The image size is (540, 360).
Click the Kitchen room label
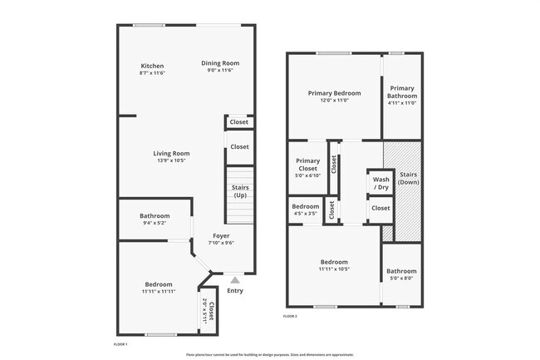click(x=152, y=66)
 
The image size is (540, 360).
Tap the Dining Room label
click(x=220, y=63)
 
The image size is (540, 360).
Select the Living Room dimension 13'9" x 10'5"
click(x=171, y=160)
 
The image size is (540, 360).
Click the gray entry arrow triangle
click(x=235, y=279)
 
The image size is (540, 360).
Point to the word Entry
click(x=235, y=291)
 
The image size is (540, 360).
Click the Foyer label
click(x=221, y=235)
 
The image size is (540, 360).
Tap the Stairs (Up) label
click(x=240, y=191)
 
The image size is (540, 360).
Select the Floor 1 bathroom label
click(x=155, y=216)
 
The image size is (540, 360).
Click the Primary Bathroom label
click(x=402, y=91)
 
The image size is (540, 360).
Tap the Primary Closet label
click(x=307, y=165)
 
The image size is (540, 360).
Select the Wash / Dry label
click(x=380, y=183)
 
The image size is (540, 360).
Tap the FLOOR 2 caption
click(x=290, y=317)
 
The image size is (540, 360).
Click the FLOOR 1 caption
click(x=120, y=343)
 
